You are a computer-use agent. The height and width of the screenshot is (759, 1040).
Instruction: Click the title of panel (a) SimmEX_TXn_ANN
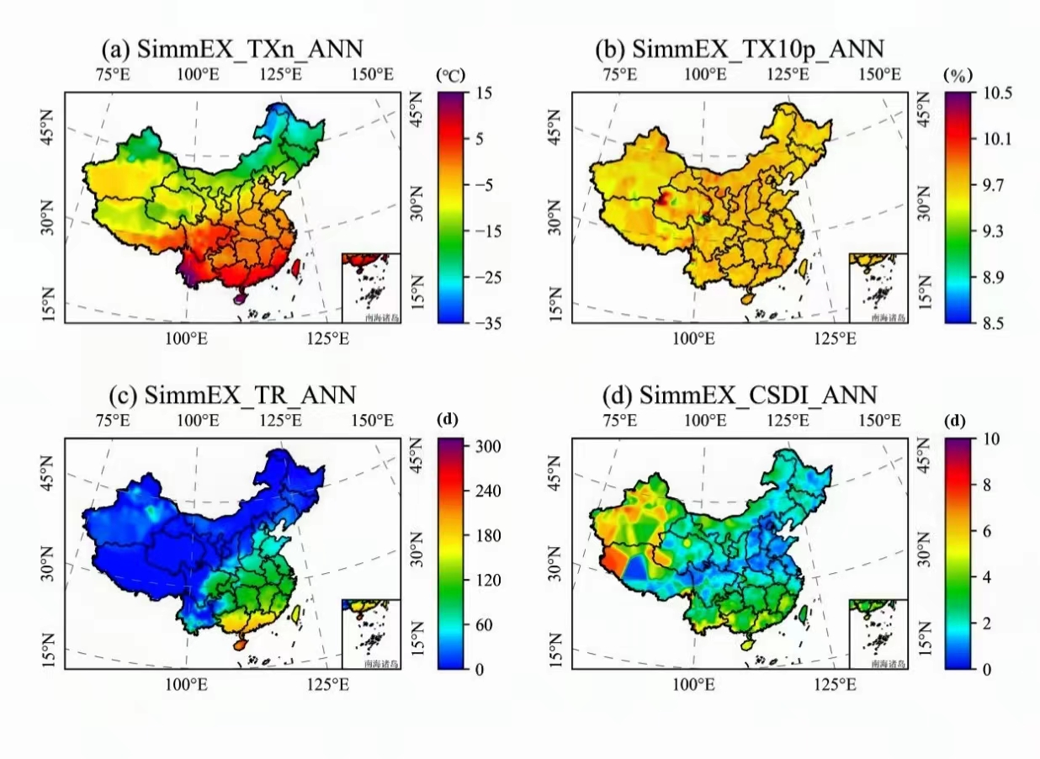pyautogui.click(x=231, y=48)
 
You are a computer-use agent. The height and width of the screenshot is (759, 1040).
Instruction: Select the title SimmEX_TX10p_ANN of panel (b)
pyautogui.click(x=740, y=48)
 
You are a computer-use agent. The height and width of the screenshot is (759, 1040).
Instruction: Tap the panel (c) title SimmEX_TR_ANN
pyautogui.click(x=233, y=394)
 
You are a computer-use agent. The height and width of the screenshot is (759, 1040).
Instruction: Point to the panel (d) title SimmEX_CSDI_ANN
pyautogui.click(x=740, y=394)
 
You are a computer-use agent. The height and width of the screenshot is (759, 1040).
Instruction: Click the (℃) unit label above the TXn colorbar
pyautogui.click(x=451, y=75)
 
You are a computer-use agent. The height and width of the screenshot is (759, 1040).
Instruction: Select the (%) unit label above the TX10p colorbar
pyautogui.click(x=958, y=75)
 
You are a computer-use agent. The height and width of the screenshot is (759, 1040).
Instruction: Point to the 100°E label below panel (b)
pyautogui.click(x=694, y=338)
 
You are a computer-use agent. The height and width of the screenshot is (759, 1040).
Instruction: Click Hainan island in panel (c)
pyautogui.click(x=240, y=644)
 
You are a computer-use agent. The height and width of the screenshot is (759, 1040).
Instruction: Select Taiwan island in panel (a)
pyautogui.click(x=295, y=268)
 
